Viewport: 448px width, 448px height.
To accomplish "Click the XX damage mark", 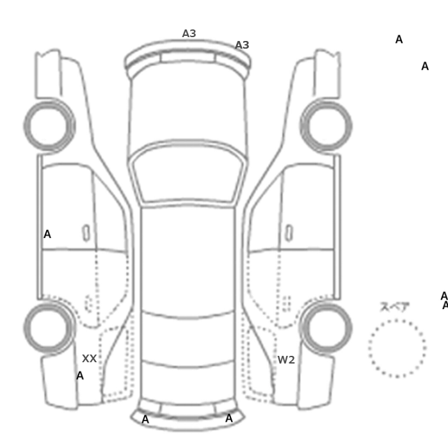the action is [90, 358].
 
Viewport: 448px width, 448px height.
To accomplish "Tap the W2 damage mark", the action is [286, 360].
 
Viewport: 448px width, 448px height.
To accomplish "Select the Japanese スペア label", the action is [395, 307].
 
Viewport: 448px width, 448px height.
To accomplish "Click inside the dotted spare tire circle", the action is [397, 349].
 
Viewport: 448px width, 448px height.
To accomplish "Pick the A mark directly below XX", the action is [80, 376].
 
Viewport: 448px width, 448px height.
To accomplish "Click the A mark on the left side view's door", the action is [47, 234].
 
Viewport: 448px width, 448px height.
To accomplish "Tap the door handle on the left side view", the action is [86, 233].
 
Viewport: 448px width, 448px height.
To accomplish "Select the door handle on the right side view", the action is [289, 233].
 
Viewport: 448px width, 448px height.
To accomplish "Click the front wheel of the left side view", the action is [49, 126].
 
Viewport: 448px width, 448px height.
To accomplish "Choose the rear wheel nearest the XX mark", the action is [49, 328].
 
